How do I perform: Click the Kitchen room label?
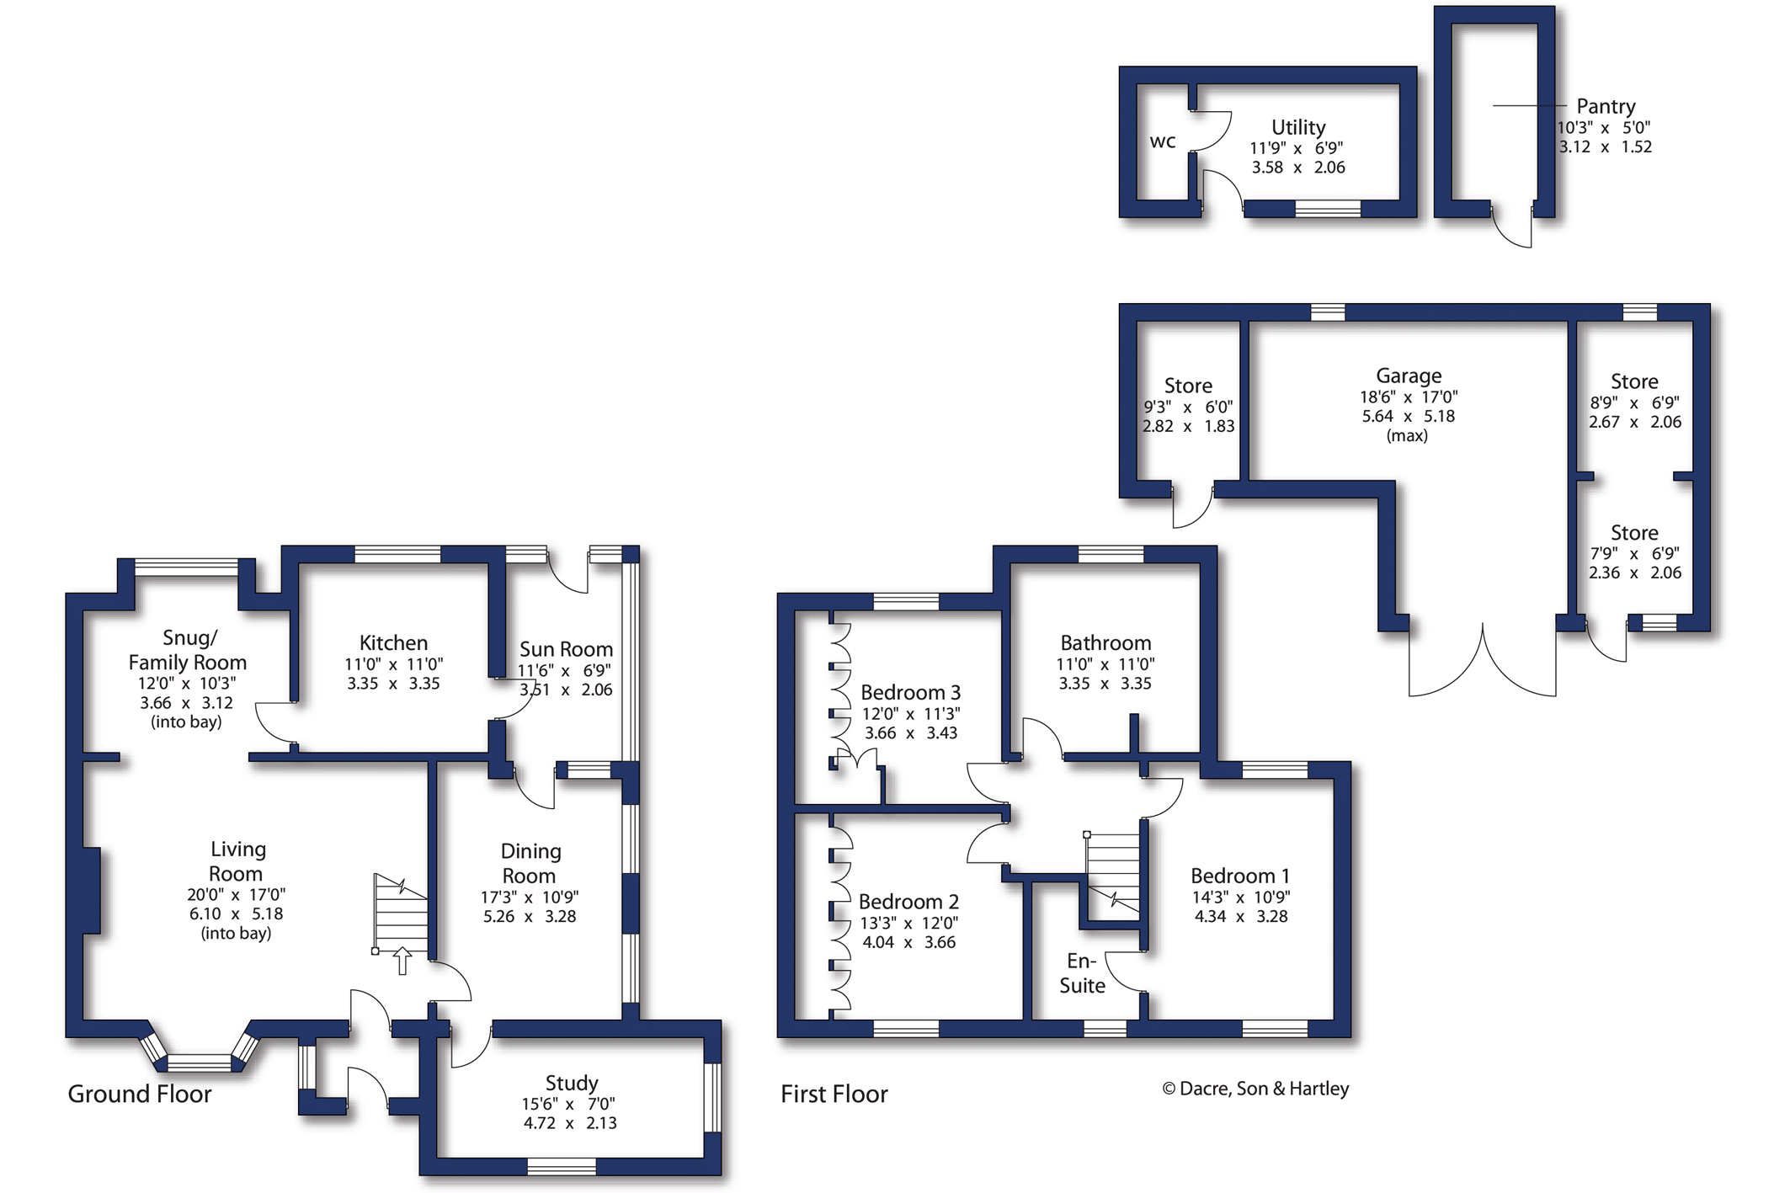point(393,643)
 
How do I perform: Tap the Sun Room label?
point(566,649)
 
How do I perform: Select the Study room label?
point(572,1084)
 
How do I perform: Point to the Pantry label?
point(1606,107)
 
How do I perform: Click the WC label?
point(1163,141)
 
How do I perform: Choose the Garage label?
point(1409,376)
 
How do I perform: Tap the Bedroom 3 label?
point(910,693)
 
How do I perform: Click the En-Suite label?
point(1082,973)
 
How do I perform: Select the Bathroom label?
point(1105,643)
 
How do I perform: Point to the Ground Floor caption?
point(140,1094)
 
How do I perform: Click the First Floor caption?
point(834,1094)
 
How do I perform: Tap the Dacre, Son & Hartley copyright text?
point(1255,1089)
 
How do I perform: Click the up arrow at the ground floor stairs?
point(402,961)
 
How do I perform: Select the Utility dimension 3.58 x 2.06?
point(1298,168)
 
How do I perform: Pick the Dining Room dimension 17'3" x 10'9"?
point(530,897)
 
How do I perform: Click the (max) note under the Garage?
point(1407,436)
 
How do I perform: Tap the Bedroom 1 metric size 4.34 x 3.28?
point(1241,917)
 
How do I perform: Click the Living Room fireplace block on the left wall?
point(91,890)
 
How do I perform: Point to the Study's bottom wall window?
point(562,1167)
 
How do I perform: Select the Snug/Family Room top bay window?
point(186,567)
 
